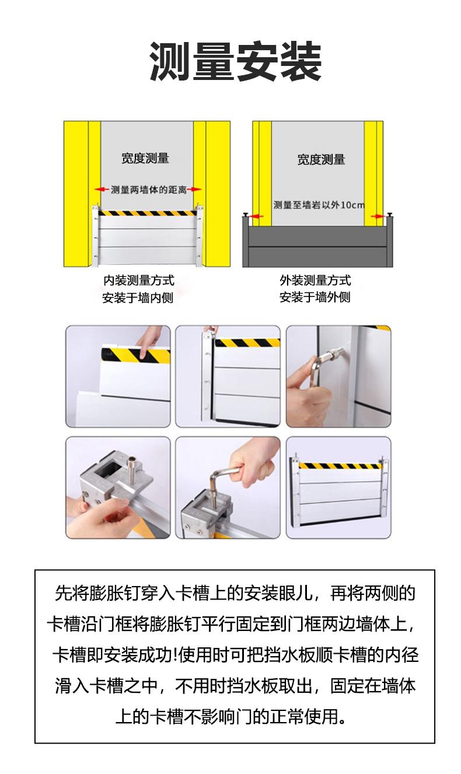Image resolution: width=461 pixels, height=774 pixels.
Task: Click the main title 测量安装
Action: pos(236,61)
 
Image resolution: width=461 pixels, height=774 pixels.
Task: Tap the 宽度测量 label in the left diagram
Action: pos(145,158)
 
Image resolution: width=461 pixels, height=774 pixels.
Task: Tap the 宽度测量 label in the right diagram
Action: pos(321,159)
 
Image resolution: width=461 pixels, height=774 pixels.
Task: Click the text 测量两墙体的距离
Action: pos(149,189)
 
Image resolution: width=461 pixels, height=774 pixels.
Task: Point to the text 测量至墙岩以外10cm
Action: pos(319,205)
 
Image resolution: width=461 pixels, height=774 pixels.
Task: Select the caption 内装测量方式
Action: pos(139,280)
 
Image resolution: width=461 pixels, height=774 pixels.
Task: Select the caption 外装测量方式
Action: pos(315,280)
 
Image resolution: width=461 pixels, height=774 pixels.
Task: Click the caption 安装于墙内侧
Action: pos(138,298)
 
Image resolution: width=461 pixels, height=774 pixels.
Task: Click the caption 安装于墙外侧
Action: pos(315,297)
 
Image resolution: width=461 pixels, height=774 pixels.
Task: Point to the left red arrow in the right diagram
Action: pos(256,217)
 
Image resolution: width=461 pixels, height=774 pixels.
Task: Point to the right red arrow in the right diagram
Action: pos(378,217)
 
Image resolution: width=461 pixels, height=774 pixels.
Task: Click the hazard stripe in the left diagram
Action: pos(148,213)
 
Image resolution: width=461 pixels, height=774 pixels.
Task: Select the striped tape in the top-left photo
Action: pos(136,355)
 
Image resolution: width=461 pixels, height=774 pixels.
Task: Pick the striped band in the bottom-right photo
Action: pos(340,466)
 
